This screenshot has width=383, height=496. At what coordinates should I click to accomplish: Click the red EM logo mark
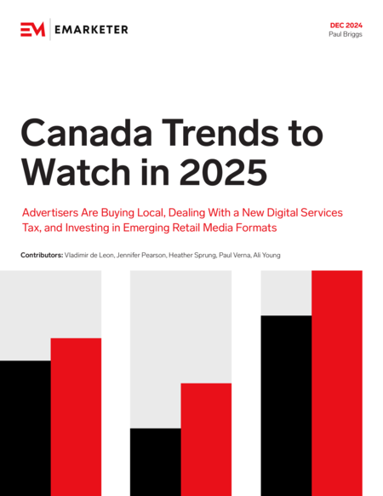[x=33, y=30]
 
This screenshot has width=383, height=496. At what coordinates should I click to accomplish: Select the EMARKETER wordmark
[x=91, y=30]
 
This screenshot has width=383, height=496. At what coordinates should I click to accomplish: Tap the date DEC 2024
[x=346, y=26]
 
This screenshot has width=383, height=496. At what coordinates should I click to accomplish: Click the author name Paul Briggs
[x=346, y=34]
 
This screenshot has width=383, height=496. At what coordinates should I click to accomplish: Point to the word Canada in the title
[x=87, y=132]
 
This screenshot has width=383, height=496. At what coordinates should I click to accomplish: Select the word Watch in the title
[x=76, y=172]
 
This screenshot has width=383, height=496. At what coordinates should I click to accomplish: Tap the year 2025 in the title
[x=223, y=172]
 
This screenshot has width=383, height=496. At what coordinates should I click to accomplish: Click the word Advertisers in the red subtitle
[x=50, y=212]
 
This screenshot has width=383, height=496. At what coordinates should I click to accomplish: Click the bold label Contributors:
[x=42, y=255]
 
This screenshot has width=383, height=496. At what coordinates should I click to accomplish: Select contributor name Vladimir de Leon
[x=89, y=255]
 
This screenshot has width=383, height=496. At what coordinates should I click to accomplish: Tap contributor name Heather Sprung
[x=192, y=256]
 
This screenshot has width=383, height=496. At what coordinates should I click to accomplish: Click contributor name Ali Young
[x=266, y=256]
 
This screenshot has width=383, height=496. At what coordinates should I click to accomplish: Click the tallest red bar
[x=337, y=383]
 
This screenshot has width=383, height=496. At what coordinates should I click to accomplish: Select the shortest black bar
[x=156, y=462]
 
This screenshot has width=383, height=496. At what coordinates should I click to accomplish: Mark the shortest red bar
[x=206, y=440]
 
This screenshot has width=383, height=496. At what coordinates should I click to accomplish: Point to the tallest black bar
[x=286, y=406]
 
